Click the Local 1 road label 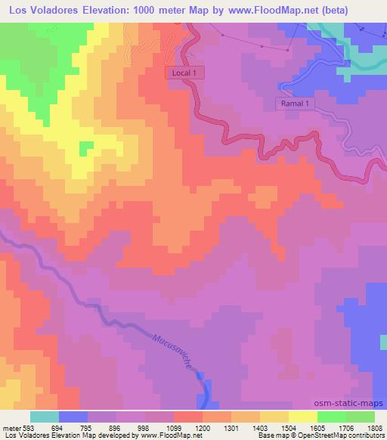(x=186, y=72)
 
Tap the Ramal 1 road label (x=293, y=103)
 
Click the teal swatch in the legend (x=45, y=417)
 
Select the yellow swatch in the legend (x=303, y=417)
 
